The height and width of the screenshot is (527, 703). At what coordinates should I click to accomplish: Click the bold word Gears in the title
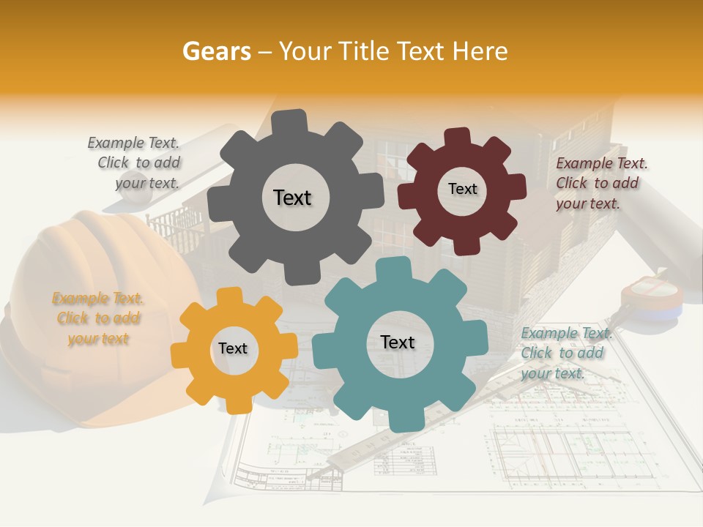point(216,51)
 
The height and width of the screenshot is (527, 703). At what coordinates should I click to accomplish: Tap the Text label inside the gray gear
point(292,198)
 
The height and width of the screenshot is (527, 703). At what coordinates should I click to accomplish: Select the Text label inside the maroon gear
point(462,189)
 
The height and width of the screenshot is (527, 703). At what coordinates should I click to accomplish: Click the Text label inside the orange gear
point(233,348)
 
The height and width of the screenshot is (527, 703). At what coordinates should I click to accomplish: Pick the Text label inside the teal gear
point(398,342)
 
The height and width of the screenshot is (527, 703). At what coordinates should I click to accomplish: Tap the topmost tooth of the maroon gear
point(456,136)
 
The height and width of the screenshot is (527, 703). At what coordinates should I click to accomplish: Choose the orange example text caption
point(98,318)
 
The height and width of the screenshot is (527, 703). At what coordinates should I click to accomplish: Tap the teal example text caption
point(565,353)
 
